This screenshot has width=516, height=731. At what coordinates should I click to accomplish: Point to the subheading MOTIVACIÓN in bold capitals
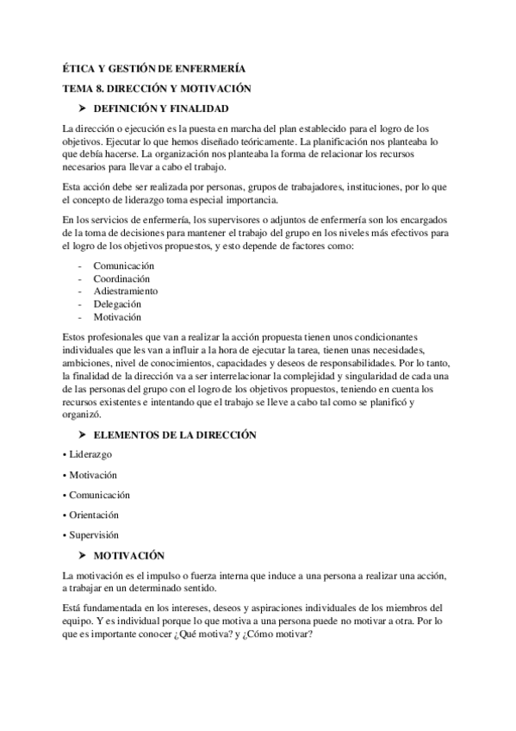[128, 555]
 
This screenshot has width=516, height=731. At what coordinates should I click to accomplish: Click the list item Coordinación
[121, 279]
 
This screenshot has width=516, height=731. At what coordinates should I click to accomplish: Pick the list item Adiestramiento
[124, 291]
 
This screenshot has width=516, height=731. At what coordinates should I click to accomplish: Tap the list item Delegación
[118, 304]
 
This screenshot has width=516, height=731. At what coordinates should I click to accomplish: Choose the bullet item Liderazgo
[90, 454]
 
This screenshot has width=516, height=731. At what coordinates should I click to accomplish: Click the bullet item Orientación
[93, 515]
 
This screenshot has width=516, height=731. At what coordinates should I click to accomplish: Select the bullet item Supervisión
[93, 535]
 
